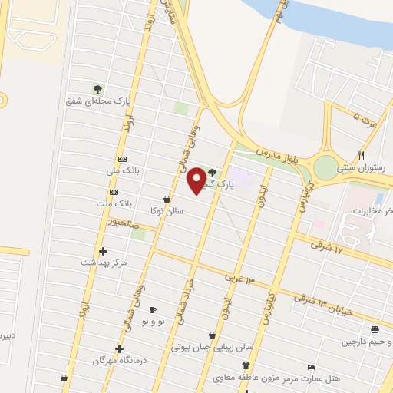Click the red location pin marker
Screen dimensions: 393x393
click(x=196, y=180)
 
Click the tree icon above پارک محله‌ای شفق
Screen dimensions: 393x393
click(x=97, y=88)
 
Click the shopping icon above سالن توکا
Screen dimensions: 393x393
click(x=167, y=198)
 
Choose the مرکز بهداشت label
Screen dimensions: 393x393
click(x=104, y=263)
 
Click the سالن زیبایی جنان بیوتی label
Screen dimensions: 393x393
click(x=211, y=347)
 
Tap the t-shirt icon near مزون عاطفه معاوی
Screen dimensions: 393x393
click(x=246, y=365)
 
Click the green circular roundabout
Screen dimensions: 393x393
click(x=329, y=166)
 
